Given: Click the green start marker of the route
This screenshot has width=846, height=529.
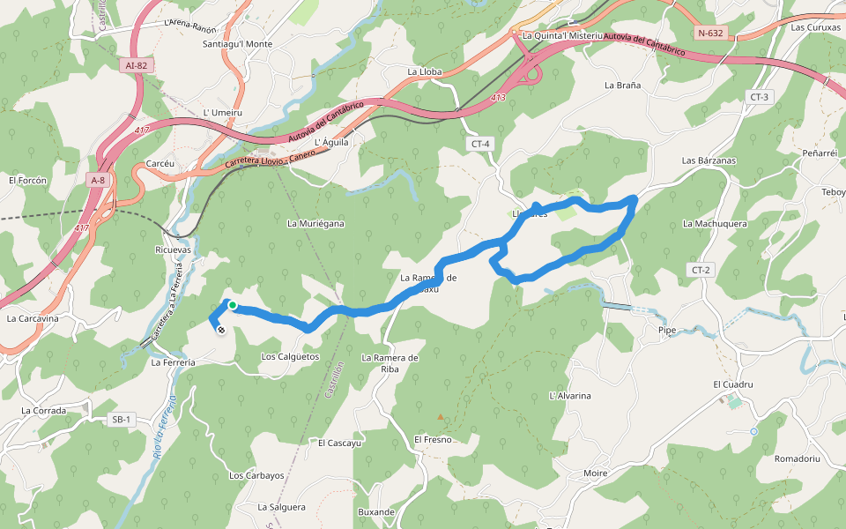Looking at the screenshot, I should click(233, 306).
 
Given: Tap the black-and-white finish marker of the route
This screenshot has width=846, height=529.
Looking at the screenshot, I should click(220, 330).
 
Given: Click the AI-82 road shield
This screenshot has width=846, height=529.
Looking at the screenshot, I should click(136, 65).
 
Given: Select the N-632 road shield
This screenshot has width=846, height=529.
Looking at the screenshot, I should click(709, 34).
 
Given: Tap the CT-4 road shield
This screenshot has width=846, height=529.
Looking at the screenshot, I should click(480, 144).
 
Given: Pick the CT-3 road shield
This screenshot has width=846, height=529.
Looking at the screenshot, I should click(759, 97).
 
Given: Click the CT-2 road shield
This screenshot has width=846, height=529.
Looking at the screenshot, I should click(701, 270).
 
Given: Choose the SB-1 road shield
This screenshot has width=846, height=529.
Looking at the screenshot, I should click(122, 420).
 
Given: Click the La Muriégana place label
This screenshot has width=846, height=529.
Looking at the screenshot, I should click(315, 224).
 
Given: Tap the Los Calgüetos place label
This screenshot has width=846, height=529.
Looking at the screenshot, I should click(290, 357).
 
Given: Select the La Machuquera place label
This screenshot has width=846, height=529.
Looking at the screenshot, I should click(715, 224).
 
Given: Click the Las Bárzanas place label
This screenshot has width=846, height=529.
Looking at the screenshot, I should click(709, 160).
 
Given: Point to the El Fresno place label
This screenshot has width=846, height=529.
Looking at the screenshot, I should click(433, 439).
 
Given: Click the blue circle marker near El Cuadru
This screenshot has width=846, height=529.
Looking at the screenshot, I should click(754, 431).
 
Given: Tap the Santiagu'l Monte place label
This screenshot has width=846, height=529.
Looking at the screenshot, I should click(237, 44).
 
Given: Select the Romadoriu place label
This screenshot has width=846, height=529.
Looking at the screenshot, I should click(797, 459).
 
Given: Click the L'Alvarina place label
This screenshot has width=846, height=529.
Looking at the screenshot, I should click(569, 396).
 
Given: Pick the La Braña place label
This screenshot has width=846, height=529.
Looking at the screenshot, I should click(622, 86).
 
